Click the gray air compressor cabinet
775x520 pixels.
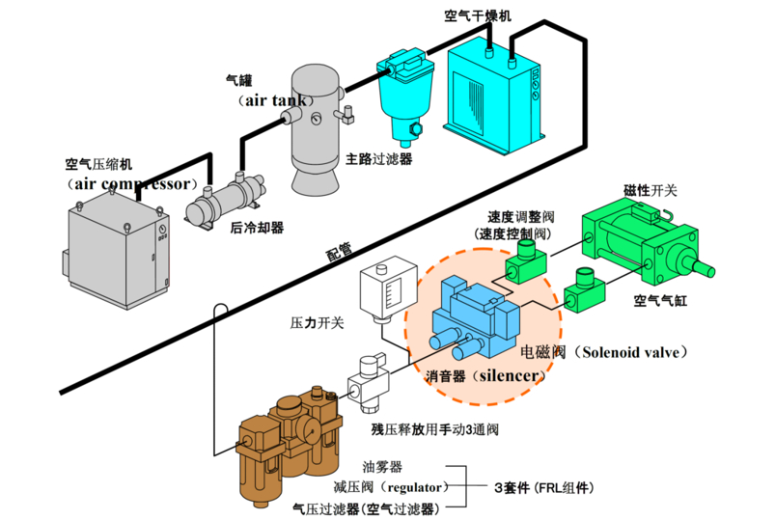click(x=118, y=250)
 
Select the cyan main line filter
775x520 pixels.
click(x=405, y=94)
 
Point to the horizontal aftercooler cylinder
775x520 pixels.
click(x=226, y=199)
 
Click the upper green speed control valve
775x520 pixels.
click(x=526, y=260)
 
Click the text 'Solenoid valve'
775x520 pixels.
click(x=630, y=352)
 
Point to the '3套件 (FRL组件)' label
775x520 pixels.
click(x=544, y=487)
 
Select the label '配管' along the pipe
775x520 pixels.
click(x=339, y=251)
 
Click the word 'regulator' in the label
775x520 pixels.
click(x=414, y=487)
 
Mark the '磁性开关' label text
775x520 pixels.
click(x=650, y=190)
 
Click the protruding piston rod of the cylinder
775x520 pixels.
click(x=701, y=267)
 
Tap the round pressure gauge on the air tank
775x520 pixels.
click(x=316, y=119)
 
